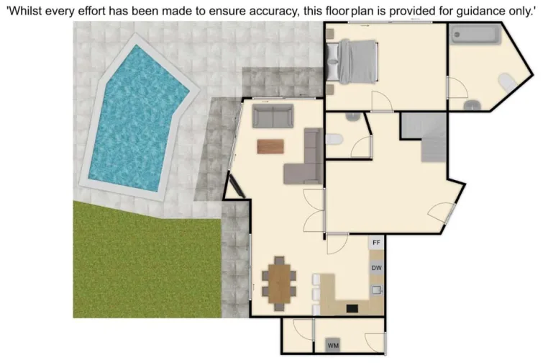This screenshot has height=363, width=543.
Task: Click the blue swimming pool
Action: pyautogui.click(x=137, y=119)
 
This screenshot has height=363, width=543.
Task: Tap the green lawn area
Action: pyautogui.click(x=144, y=263)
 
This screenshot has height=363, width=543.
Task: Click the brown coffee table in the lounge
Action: pyautogui.click(x=271, y=146)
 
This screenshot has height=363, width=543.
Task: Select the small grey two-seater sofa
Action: pyautogui.click(x=273, y=115)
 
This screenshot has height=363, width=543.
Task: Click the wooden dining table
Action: pyautogui.click(x=279, y=280)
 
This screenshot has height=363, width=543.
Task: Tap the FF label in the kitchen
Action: pyautogui.click(x=376, y=243)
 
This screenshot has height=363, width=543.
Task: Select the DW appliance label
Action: pyautogui.click(x=376, y=268)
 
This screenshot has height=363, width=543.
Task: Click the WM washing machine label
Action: pyautogui.click(x=333, y=346)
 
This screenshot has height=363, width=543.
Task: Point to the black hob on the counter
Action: pyautogui.click(x=352, y=308)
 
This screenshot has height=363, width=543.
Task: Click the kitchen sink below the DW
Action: pyautogui.click(x=376, y=290)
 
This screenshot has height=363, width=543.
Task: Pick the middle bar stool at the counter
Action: pyautogui.click(x=316, y=293)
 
